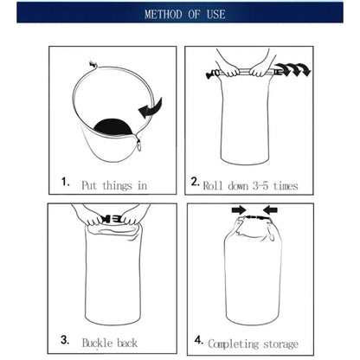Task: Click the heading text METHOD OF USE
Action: tap(180, 14)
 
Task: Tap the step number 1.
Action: tap(66, 182)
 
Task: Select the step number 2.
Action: tap(196, 182)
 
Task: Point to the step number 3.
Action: tap(66, 341)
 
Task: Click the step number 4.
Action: tap(198, 341)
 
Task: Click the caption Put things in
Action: tap(114, 184)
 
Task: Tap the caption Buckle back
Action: tap(109, 343)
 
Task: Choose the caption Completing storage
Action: tap(254, 344)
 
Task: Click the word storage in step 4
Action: tap(278, 344)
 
